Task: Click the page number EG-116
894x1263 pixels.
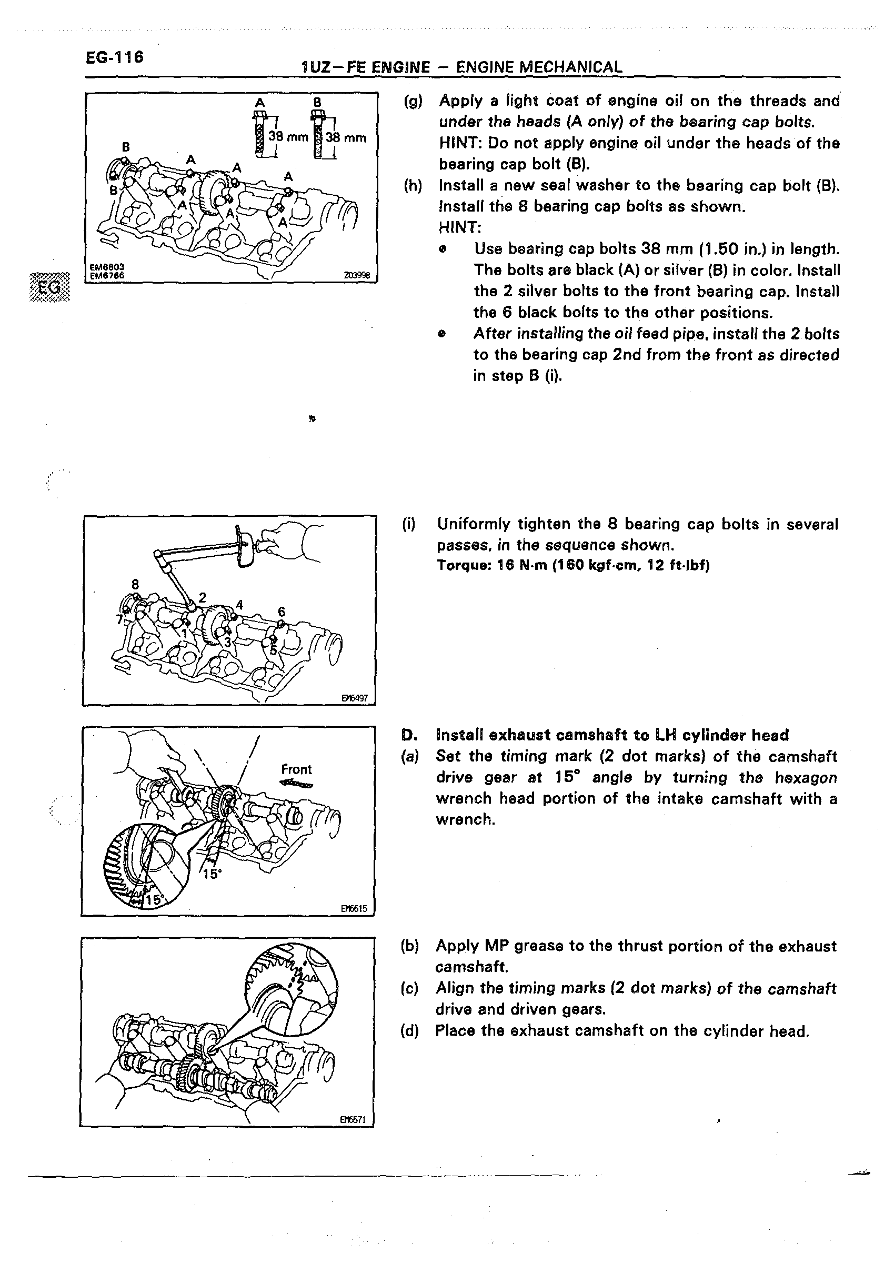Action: (115, 57)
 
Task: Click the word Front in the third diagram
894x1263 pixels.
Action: (296, 769)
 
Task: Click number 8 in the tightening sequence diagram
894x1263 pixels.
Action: (135, 584)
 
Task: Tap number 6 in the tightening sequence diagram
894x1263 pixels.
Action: (282, 612)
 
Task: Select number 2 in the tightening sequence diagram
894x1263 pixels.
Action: (202, 597)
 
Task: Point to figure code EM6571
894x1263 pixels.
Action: (353, 1119)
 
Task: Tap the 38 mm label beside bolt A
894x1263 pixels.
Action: (287, 137)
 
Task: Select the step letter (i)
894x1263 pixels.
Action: (409, 524)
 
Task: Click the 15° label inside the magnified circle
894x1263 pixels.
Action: (155, 900)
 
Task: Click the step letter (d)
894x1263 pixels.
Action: (410, 1031)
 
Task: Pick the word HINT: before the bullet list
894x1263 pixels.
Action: (460, 227)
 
